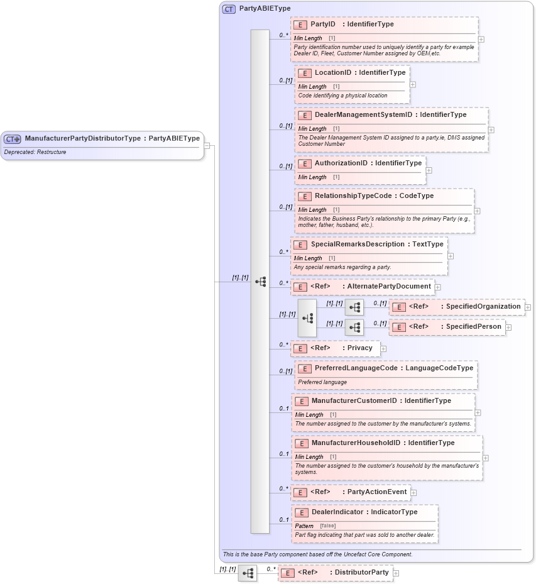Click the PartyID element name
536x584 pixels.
323,25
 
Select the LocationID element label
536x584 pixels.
333,73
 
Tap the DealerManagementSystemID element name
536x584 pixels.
363,115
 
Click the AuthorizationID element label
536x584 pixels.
341,163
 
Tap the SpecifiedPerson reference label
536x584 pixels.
474,327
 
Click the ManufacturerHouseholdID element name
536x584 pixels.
356,443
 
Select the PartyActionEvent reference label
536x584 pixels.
378,492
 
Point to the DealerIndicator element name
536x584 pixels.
337,512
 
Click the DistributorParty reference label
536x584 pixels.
361,573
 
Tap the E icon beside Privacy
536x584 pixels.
300,348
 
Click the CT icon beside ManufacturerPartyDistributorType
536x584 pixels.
12,139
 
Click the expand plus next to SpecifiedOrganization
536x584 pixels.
528,307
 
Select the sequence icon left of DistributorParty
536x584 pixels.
248,573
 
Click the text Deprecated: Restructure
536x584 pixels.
35,152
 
